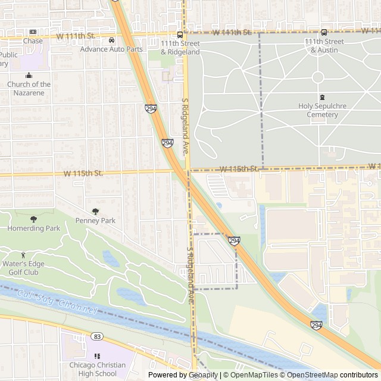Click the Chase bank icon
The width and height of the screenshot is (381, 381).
click(x=33, y=32)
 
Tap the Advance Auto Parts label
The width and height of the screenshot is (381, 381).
click(x=112, y=49)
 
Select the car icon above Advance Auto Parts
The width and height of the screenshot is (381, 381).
click(x=112, y=40)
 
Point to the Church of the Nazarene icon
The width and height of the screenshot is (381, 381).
click(x=29, y=75)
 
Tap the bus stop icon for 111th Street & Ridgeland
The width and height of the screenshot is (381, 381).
click(x=180, y=35)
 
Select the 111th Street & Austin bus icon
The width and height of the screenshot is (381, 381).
click(x=324, y=33)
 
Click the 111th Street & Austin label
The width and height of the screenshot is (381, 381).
click(x=324, y=46)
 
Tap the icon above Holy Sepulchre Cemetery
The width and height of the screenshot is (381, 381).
click(x=322, y=97)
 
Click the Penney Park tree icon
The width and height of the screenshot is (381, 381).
click(x=95, y=211)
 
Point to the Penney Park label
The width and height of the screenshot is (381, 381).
click(x=95, y=221)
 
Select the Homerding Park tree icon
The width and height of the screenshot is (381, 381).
click(x=33, y=219)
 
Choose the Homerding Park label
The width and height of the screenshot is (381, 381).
click(x=33, y=229)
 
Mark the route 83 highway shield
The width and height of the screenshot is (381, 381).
click(x=97, y=336)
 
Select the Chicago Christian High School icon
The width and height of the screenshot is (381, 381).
click(x=97, y=356)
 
